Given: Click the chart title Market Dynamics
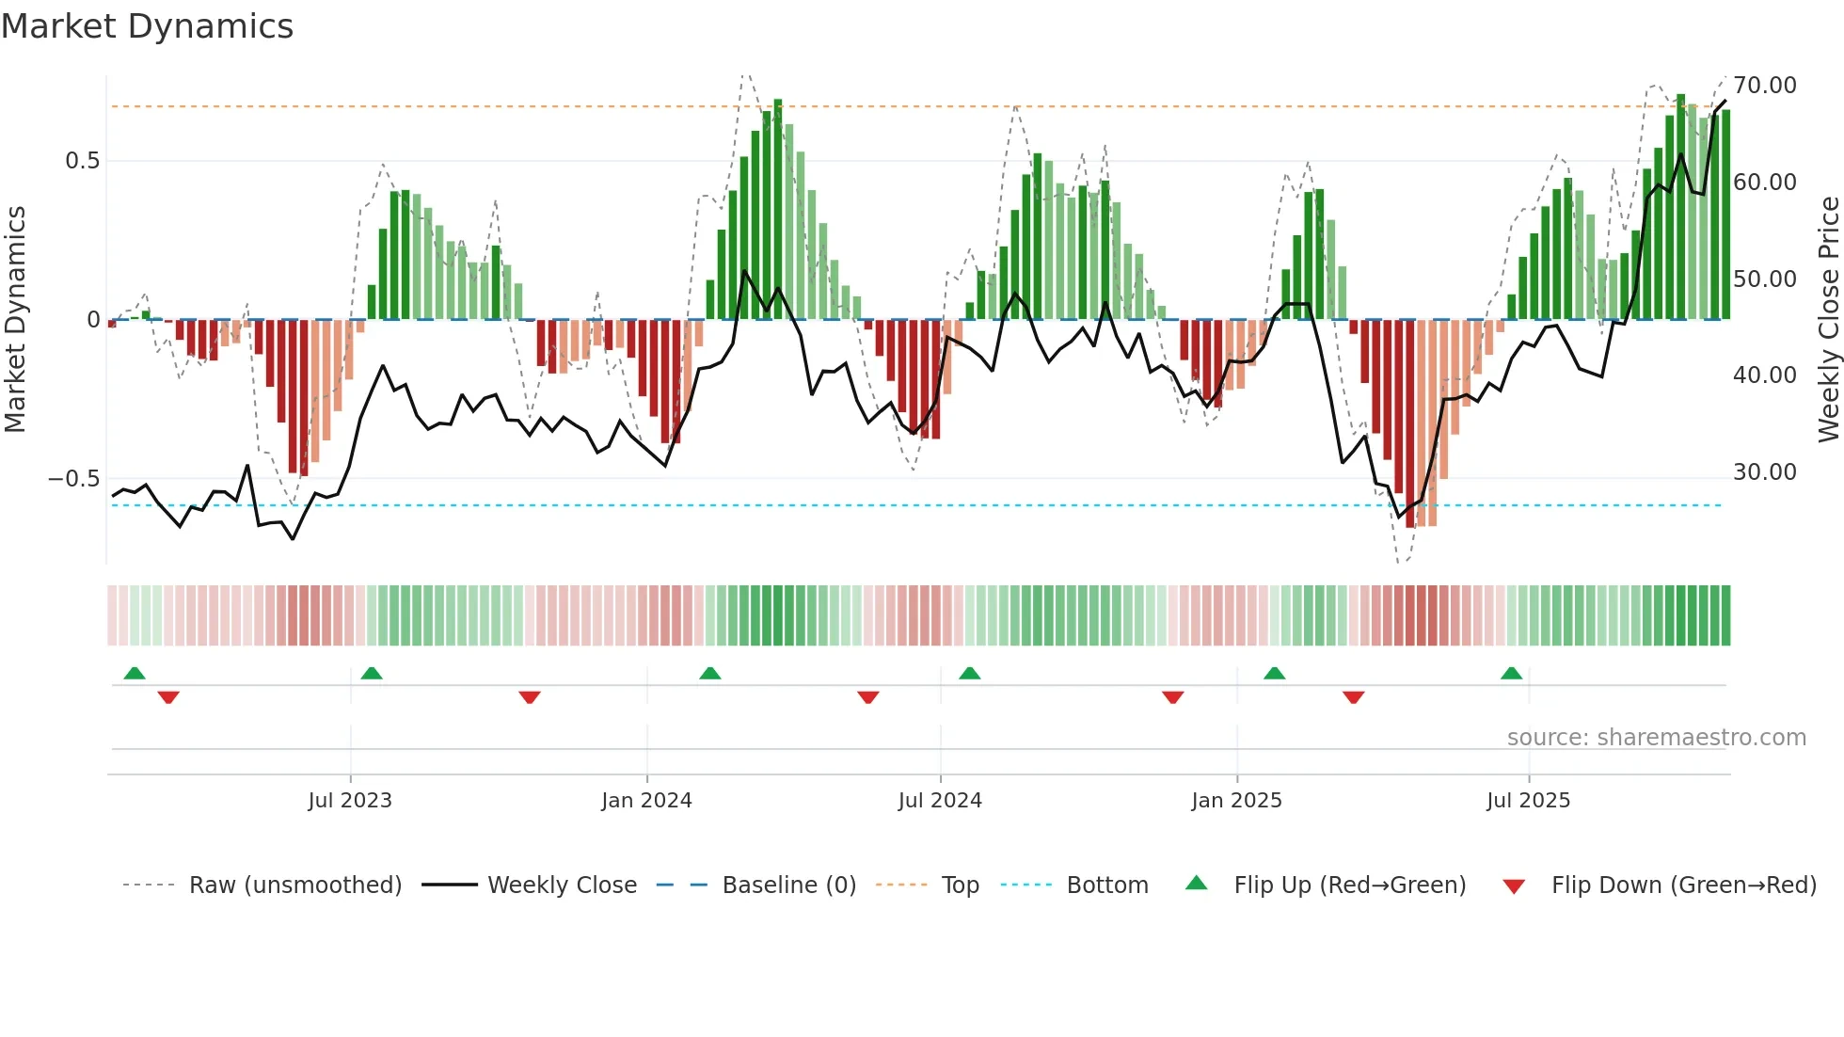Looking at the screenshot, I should point(147,26).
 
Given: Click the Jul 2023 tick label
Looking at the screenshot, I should point(349,801).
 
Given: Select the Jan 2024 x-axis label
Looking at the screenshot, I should point(646,801).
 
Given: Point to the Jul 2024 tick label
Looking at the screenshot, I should point(940,801).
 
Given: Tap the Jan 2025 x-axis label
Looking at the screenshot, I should point(1236,801).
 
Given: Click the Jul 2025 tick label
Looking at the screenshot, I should point(1528,801).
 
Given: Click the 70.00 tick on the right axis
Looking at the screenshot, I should point(1764,86).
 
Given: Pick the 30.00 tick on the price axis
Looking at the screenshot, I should point(1764,472).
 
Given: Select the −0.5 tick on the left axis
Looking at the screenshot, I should point(73,479).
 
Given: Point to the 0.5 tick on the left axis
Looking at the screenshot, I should point(82,161).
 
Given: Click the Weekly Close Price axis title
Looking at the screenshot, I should point(1828,319).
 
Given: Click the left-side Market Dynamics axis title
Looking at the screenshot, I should point(15,319).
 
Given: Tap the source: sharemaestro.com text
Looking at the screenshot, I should point(1656,738).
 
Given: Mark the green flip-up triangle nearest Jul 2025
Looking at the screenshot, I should point(1511,674).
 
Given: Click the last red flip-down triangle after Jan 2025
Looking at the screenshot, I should point(1353,697).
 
